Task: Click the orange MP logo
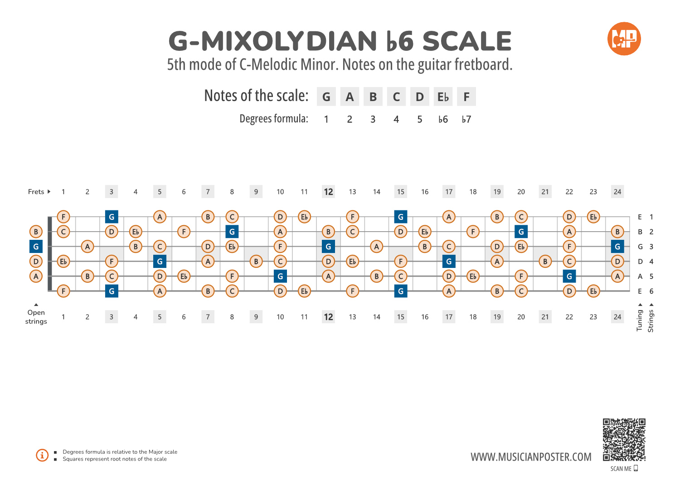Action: tap(624, 39)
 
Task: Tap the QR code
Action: tap(624, 440)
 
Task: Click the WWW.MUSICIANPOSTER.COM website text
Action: tap(531, 457)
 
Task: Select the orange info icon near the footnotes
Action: tap(42, 455)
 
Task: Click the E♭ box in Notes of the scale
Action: tap(443, 97)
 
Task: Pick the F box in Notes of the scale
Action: tap(466, 97)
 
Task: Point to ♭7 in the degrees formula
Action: tap(466, 119)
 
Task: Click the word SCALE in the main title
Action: tap(467, 42)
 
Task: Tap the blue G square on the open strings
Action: tap(36, 247)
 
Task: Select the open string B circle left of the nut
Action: tap(36, 232)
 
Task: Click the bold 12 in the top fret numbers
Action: tap(328, 192)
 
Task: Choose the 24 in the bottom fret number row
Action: tap(617, 317)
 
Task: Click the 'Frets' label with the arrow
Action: tap(39, 192)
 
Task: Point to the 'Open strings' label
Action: tap(36, 317)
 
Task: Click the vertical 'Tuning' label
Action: tap(640, 320)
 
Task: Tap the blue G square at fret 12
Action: tap(328, 247)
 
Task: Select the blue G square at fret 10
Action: tap(280, 276)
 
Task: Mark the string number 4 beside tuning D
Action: tap(651, 262)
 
